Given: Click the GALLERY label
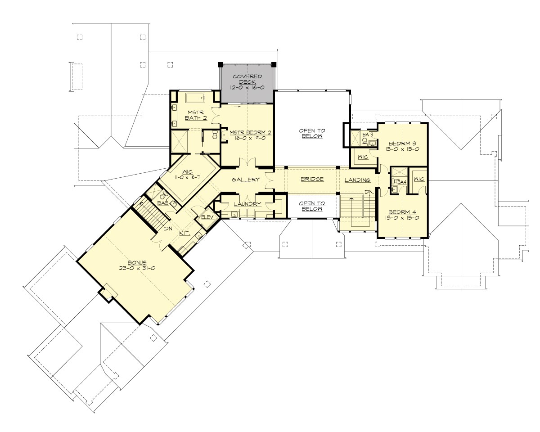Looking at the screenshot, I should click(x=246, y=180).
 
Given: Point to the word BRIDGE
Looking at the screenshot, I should click(x=312, y=180).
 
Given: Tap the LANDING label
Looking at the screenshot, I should click(x=357, y=180).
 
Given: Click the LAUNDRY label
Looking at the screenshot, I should click(x=247, y=204).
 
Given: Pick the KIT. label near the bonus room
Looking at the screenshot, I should click(x=184, y=234).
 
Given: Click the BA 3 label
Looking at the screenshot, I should click(x=368, y=134).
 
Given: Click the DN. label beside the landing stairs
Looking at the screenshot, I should click(x=369, y=192).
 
